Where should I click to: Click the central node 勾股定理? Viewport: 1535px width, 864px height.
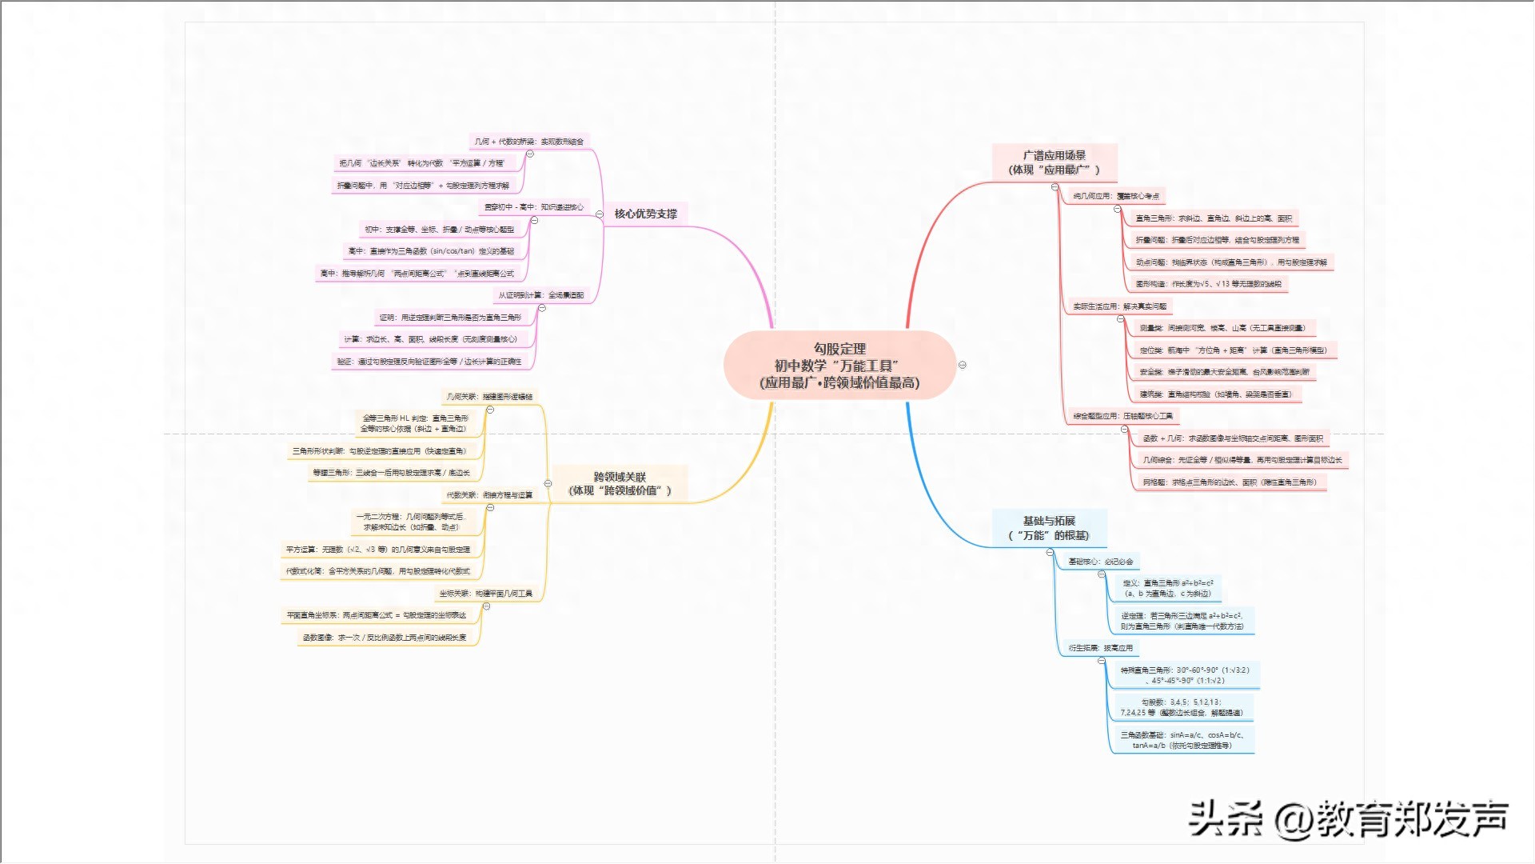pos(839,366)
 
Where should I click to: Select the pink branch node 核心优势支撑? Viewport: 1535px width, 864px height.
pos(645,214)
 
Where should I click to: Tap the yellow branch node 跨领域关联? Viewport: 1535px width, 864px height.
pos(620,483)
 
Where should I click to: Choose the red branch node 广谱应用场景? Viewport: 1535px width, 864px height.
pos(1054,162)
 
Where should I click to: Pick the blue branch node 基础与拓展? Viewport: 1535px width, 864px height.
pos(1049,528)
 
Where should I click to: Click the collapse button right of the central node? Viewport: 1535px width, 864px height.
pos(963,365)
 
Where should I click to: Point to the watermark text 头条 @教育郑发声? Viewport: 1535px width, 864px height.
pos(1348,819)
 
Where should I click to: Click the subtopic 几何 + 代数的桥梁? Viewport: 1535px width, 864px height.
pos(528,142)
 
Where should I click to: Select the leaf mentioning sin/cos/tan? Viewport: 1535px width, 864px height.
pos(431,251)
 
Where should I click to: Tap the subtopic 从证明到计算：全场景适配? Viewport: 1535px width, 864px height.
pos(540,295)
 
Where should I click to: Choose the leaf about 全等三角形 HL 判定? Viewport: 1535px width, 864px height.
pos(415,423)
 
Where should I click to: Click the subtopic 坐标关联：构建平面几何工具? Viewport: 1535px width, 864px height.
pos(485,594)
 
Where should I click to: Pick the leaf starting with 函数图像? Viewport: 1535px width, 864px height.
pos(385,638)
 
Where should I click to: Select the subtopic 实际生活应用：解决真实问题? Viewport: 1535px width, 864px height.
pos(1119,306)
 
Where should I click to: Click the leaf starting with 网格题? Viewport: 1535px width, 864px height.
pos(1229,482)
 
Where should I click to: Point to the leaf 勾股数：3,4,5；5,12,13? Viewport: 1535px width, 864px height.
pos(1181,707)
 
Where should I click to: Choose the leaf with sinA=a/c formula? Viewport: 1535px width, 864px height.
pos(1181,740)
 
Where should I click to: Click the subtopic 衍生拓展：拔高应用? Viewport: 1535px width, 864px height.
pos(1100,648)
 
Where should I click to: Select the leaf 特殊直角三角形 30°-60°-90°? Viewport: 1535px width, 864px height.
pos(1184,675)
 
